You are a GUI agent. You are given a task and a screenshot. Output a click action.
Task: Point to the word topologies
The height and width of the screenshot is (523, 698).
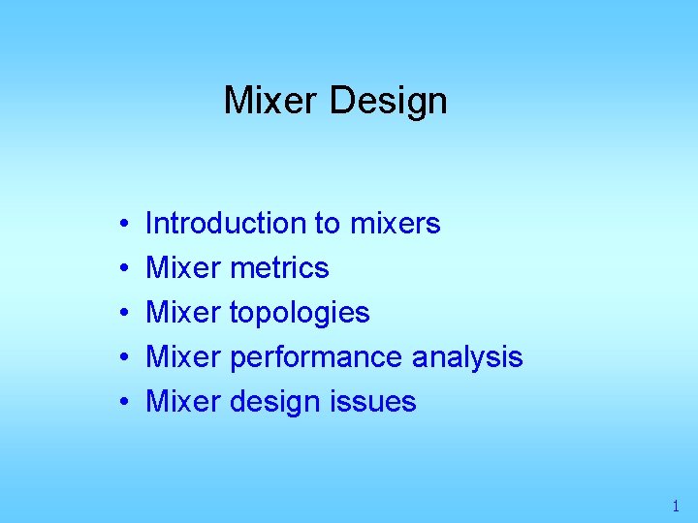pos(300,313)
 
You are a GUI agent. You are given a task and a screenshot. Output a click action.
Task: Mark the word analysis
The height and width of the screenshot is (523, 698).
pos(467,357)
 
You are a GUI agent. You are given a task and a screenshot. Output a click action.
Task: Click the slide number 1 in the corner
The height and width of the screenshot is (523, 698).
pos(676,506)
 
